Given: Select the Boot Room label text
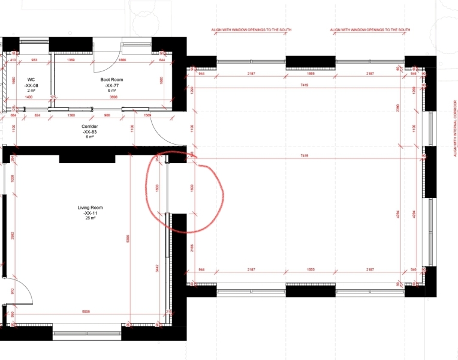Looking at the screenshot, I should [x=111, y=79].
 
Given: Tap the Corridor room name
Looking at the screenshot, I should [x=90, y=127].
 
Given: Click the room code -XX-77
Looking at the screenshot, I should [x=111, y=85].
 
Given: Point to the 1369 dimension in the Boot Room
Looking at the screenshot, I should [x=71, y=61].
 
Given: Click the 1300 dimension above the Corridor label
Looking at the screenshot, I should [x=71, y=115].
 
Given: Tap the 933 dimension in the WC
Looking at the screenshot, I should [x=34, y=61].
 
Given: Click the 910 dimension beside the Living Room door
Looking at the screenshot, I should [x=11, y=292].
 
